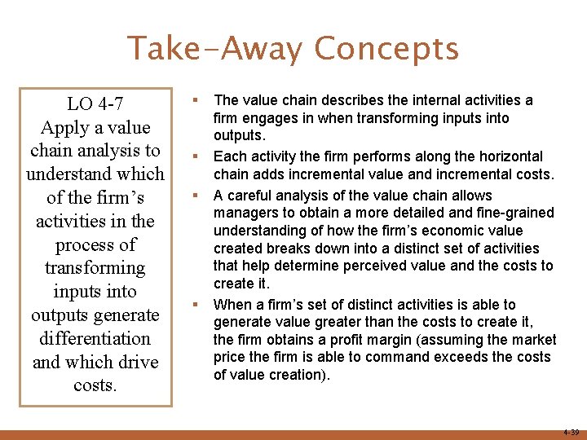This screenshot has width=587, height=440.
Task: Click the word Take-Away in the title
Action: (x=215, y=48)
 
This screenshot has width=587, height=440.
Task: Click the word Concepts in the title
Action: (x=386, y=49)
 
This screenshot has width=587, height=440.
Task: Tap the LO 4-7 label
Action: (x=95, y=103)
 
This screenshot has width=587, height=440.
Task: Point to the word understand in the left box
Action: (x=95, y=174)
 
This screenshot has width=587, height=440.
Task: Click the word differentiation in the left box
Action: (x=95, y=338)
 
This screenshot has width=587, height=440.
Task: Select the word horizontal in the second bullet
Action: (x=514, y=156)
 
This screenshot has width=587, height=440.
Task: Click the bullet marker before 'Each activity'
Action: (x=196, y=155)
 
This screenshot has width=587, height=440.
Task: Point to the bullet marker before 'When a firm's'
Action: (x=196, y=304)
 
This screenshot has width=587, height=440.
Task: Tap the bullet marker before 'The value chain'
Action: (x=196, y=99)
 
